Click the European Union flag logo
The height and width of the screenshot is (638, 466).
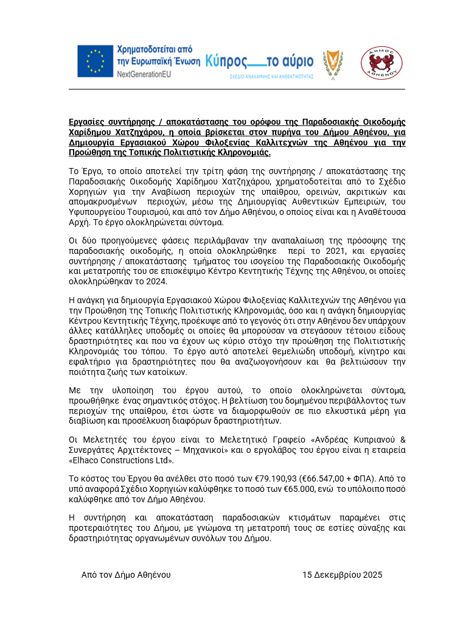(95, 61)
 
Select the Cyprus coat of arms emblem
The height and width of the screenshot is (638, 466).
(332, 63)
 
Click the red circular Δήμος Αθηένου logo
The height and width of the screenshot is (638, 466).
(381, 63)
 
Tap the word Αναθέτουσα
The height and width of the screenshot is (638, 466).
(383, 212)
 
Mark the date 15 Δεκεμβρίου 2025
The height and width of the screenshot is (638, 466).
(343, 575)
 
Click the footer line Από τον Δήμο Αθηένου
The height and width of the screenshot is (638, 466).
(126, 575)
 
